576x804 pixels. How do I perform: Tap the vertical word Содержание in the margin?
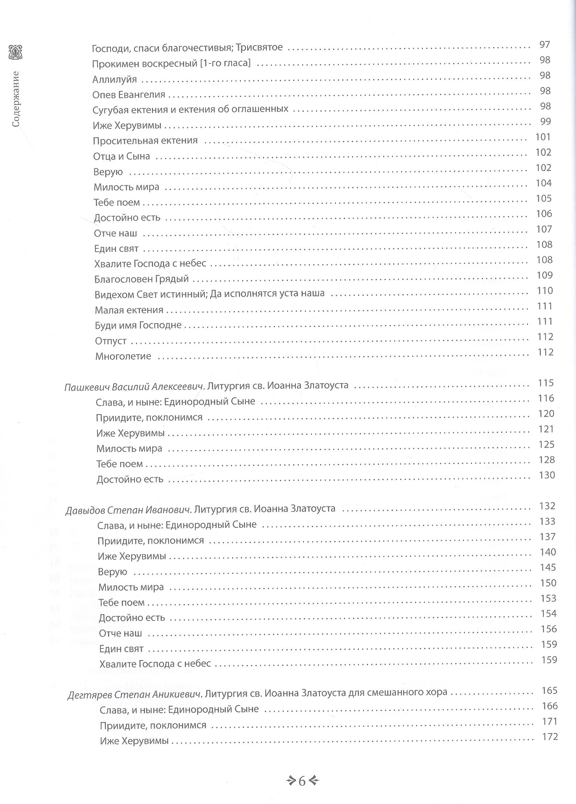16,99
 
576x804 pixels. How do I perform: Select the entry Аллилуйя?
114,79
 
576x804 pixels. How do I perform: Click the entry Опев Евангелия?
129,95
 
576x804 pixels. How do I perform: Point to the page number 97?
544,45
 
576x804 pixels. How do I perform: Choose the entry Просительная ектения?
145,141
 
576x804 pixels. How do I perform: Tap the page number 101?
543,137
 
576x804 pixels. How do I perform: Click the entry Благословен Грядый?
141,279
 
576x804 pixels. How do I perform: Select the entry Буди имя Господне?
138,325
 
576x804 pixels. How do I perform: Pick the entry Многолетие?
123,356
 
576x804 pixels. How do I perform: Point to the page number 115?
546,383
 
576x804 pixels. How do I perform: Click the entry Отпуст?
111,341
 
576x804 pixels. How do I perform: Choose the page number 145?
548,568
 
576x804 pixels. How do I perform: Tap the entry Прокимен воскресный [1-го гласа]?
171,64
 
